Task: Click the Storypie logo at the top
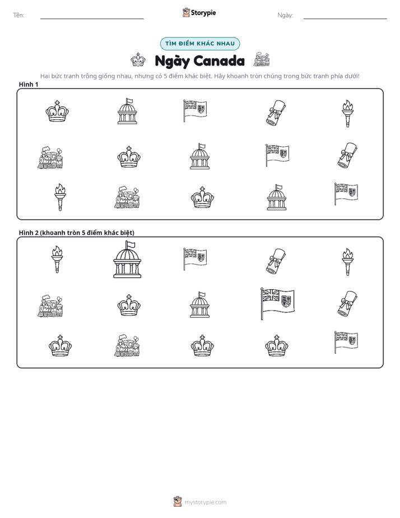click(x=199, y=12)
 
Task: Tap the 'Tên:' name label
click(x=18, y=15)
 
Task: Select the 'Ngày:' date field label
click(x=285, y=15)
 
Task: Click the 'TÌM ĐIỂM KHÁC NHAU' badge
click(x=200, y=44)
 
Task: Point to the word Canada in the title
click(x=219, y=61)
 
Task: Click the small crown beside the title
click(x=138, y=59)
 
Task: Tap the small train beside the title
click(x=262, y=59)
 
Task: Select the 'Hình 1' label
click(x=29, y=85)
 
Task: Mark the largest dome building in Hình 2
click(x=127, y=260)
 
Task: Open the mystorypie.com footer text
click(x=205, y=502)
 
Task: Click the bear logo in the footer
click(x=178, y=502)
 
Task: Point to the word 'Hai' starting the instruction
click(x=45, y=76)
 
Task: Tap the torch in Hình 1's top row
click(x=347, y=113)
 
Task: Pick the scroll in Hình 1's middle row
click(x=347, y=155)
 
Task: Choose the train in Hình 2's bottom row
click(x=127, y=345)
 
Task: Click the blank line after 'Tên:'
click(x=92, y=18)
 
